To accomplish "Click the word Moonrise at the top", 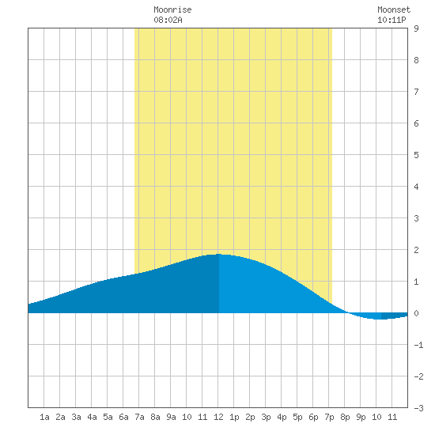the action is coord(172,9).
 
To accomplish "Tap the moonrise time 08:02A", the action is coord(168,20).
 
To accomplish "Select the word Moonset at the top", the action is coord(394,9).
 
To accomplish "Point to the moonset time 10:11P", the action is coord(391,20).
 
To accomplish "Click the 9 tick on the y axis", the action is coord(416,28).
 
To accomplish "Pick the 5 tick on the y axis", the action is coord(416,155).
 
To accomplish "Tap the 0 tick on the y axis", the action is coord(416,313).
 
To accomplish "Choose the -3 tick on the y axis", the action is coord(418,408).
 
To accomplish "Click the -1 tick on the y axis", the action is coord(418,345).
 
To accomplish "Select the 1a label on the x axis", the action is coord(44,417).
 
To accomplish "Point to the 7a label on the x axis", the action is coord(139,417).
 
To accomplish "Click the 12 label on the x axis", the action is coord(218,417).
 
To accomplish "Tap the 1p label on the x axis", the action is coord(234,417).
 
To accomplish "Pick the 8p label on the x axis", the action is coord(345,417).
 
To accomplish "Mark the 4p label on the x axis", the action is coord(282,417).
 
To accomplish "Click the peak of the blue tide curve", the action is coord(219,254).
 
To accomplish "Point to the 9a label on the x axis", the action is coord(171,417).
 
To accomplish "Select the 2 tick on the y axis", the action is coord(416,250).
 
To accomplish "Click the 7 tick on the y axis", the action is coord(416,92).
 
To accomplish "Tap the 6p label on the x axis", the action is coord(313,417).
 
